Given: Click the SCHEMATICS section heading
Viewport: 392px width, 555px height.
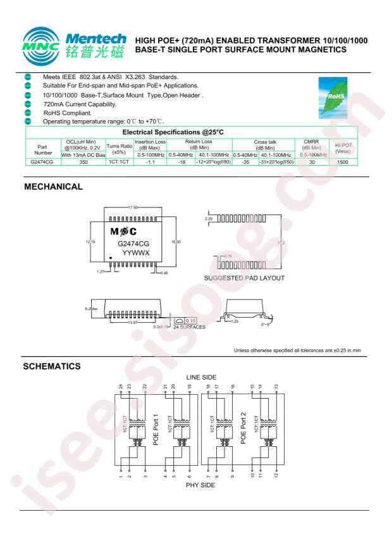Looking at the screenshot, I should click(x=54, y=365).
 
